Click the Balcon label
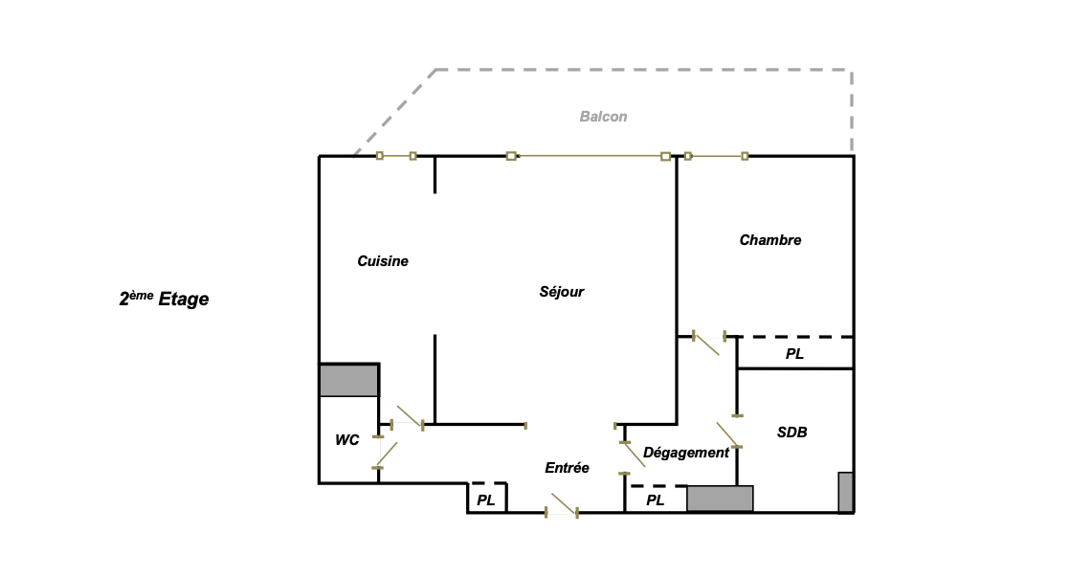(x=603, y=117)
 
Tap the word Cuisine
(x=383, y=261)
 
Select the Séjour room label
(x=561, y=292)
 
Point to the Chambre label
(x=769, y=240)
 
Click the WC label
(x=346, y=440)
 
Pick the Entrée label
(x=567, y=468)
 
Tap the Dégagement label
(x=685, y=453)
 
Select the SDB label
(x=791, y=433)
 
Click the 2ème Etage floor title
(x=164, y=300)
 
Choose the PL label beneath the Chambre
(x=794, y=354)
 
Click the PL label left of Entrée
(x=486, y=500)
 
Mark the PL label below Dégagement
(x=655, y=500)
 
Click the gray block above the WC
(x=349, y=380)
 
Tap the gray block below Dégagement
(x=720, y=499)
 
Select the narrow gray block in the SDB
(x=845, y=492)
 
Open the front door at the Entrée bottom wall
(x=562, y=505)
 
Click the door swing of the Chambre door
(x=706, y=343)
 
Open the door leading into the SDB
(x=729, y=435)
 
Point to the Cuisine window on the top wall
(x=396, y=156)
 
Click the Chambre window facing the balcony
(x=716, y=156)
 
